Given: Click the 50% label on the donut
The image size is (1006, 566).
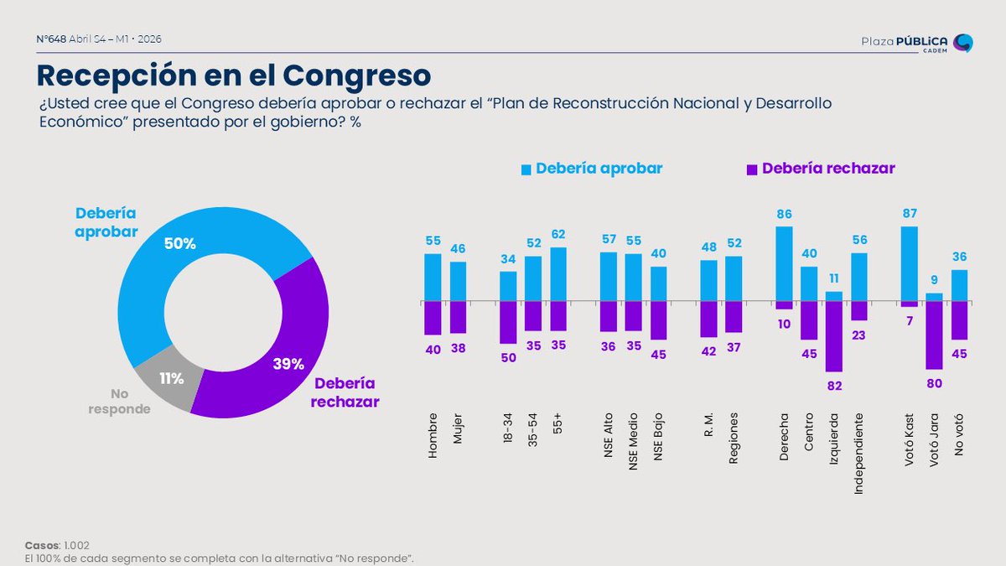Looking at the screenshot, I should click(x=179, y=244).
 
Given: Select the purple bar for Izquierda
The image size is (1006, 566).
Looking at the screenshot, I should click(x=833, y=335).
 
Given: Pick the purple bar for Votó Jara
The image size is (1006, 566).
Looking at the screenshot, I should click(x=934, y=335).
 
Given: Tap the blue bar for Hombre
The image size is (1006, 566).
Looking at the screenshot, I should click(x=433, y=277).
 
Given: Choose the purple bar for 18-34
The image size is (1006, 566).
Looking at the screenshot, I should click(x=508, y=322).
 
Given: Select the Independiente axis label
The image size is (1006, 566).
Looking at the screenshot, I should click(x=858, y=453).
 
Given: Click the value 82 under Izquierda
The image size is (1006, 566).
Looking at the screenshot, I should click(x=833, y=386).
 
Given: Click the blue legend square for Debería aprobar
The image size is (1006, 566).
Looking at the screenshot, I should click(x=526, y=169).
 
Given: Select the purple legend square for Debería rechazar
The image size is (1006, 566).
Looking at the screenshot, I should click(x=753, y=169).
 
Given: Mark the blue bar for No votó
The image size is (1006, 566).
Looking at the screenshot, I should click(x=959, y=285).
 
